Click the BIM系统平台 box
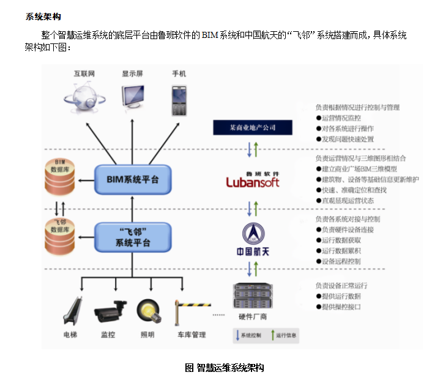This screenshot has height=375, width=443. point(132,179)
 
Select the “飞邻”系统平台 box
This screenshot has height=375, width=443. point(132,237)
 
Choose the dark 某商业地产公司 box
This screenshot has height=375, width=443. point(253,127)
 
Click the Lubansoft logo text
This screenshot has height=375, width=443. point(253,181)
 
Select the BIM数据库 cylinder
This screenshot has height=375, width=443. point(60,176)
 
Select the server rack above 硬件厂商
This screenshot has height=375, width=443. point(252,296)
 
